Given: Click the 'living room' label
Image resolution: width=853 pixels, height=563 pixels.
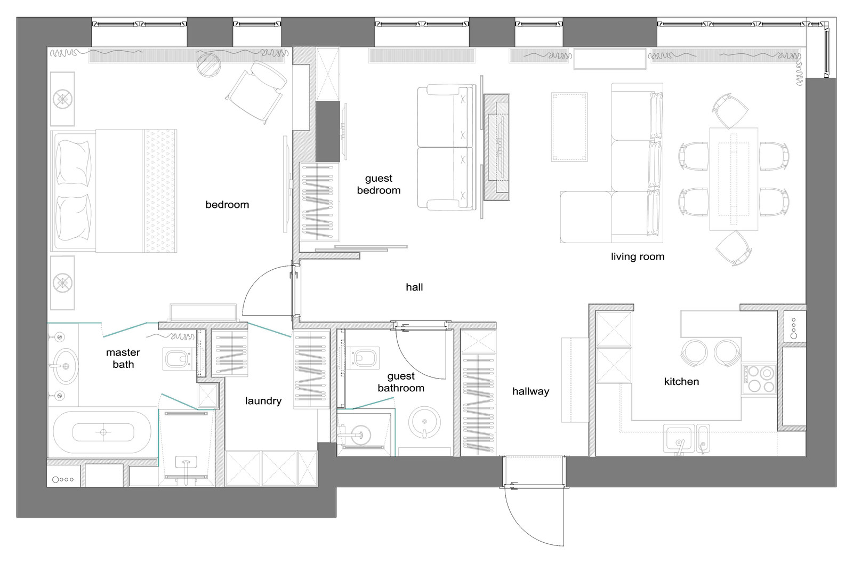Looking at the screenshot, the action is click(638, 257).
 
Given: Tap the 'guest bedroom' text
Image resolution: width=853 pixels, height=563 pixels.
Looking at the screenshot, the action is click(379, 184).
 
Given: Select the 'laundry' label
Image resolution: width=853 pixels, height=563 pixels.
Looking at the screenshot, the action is click(263, 401).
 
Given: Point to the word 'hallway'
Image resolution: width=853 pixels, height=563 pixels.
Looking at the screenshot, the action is click(530, 391).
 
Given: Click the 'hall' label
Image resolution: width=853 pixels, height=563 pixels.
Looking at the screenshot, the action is click(414, 287).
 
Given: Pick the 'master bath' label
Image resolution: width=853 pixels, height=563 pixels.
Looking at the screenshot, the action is click(123, 358).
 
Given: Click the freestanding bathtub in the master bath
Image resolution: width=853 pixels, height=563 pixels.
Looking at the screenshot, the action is click(102, 432).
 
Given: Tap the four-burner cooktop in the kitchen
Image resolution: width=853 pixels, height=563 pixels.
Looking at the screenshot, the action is click(759, 379).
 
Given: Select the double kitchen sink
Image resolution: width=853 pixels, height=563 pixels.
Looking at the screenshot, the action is click(687, 439).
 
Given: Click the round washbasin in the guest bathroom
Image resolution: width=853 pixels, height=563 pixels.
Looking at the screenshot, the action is click(424, 422).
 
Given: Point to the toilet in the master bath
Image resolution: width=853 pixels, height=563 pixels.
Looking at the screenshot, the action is click(176, 358).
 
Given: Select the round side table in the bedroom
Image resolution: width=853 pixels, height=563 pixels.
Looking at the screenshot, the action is click(208, 65).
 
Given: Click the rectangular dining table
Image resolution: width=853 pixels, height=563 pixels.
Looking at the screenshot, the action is click(734, 179).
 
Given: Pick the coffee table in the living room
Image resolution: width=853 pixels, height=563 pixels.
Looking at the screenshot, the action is click(569, 127).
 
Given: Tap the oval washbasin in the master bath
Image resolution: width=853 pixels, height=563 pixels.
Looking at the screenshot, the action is click(66, 366).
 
